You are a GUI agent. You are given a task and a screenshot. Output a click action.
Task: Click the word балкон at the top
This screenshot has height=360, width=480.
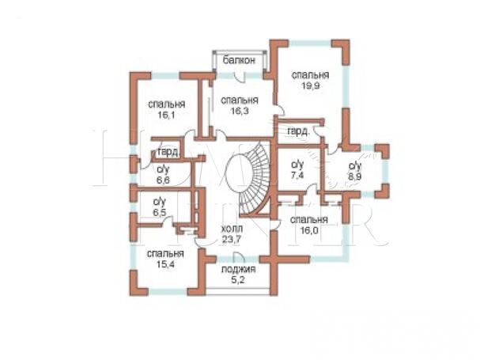[239, 60]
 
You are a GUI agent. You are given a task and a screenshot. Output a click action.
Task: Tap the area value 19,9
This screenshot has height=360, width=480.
[310, 85]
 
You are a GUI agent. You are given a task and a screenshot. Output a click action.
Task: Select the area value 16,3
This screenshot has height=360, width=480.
[240, 111]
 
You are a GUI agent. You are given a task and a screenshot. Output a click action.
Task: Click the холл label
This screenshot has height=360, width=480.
[232, 229]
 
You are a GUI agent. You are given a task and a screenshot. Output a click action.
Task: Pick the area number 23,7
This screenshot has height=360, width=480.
[232, 239]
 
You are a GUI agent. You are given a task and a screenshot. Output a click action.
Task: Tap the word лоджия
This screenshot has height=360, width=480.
[238, 270]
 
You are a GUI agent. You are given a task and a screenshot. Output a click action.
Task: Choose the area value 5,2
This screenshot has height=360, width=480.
[238, 280]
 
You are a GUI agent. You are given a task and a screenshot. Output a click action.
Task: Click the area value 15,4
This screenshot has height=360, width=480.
[165, 264]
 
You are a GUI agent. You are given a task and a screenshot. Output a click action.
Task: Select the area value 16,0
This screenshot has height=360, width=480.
[309, 230]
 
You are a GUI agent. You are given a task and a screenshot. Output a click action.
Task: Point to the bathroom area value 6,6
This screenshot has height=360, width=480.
[163, 180]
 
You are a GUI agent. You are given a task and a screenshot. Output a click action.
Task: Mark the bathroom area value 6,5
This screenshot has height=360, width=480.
[160, 213]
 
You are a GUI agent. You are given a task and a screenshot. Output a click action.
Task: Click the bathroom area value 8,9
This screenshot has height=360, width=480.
[355, 177]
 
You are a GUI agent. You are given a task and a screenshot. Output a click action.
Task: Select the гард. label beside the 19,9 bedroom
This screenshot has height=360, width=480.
[299, 131]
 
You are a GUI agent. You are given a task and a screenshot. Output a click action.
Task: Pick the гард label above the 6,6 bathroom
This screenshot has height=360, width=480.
[168, 152]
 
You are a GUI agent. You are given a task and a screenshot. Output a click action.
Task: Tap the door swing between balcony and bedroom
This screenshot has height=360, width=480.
[240, 77]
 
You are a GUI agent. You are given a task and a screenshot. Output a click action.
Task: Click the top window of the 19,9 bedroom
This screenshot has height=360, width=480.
[310, 43]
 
